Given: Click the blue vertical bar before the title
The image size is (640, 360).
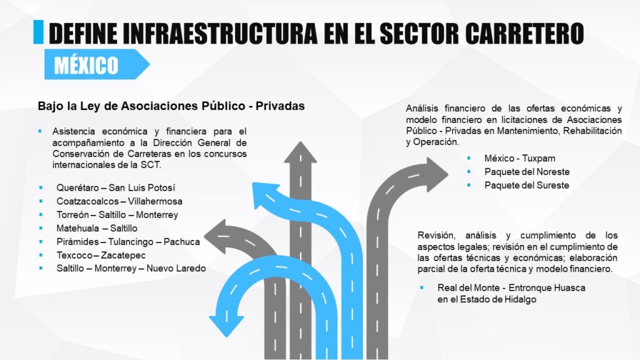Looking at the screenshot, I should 38,32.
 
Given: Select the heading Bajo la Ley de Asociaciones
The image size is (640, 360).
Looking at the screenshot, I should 171,106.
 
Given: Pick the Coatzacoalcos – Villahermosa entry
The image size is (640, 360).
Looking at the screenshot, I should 119,201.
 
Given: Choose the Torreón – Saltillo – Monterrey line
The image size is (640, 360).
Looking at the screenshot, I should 117,214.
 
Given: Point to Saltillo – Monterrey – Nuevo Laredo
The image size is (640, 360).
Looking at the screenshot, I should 131,268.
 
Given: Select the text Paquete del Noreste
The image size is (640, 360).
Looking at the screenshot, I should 527,172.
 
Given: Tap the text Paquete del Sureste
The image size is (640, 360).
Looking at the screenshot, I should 526,185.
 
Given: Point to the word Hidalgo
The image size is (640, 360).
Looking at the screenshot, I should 519,299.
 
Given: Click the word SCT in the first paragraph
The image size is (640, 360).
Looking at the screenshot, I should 152,164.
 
